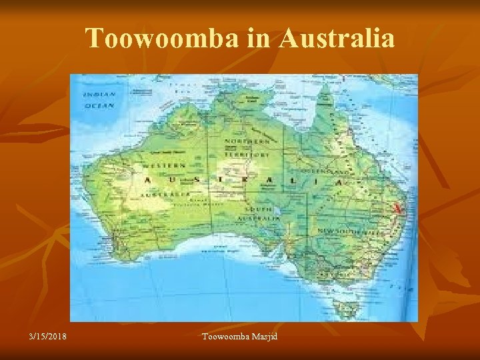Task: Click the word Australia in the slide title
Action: pyautogui.click(x=337, y=39)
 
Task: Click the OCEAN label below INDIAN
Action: pyautogui.click(x=99, y=105)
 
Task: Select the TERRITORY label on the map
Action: pyautogui.click(x=249, y=153)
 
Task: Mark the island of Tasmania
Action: pyautogui.click(x=347, y=308)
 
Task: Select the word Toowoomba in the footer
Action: pyautogui.click(x=224, y=335)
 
